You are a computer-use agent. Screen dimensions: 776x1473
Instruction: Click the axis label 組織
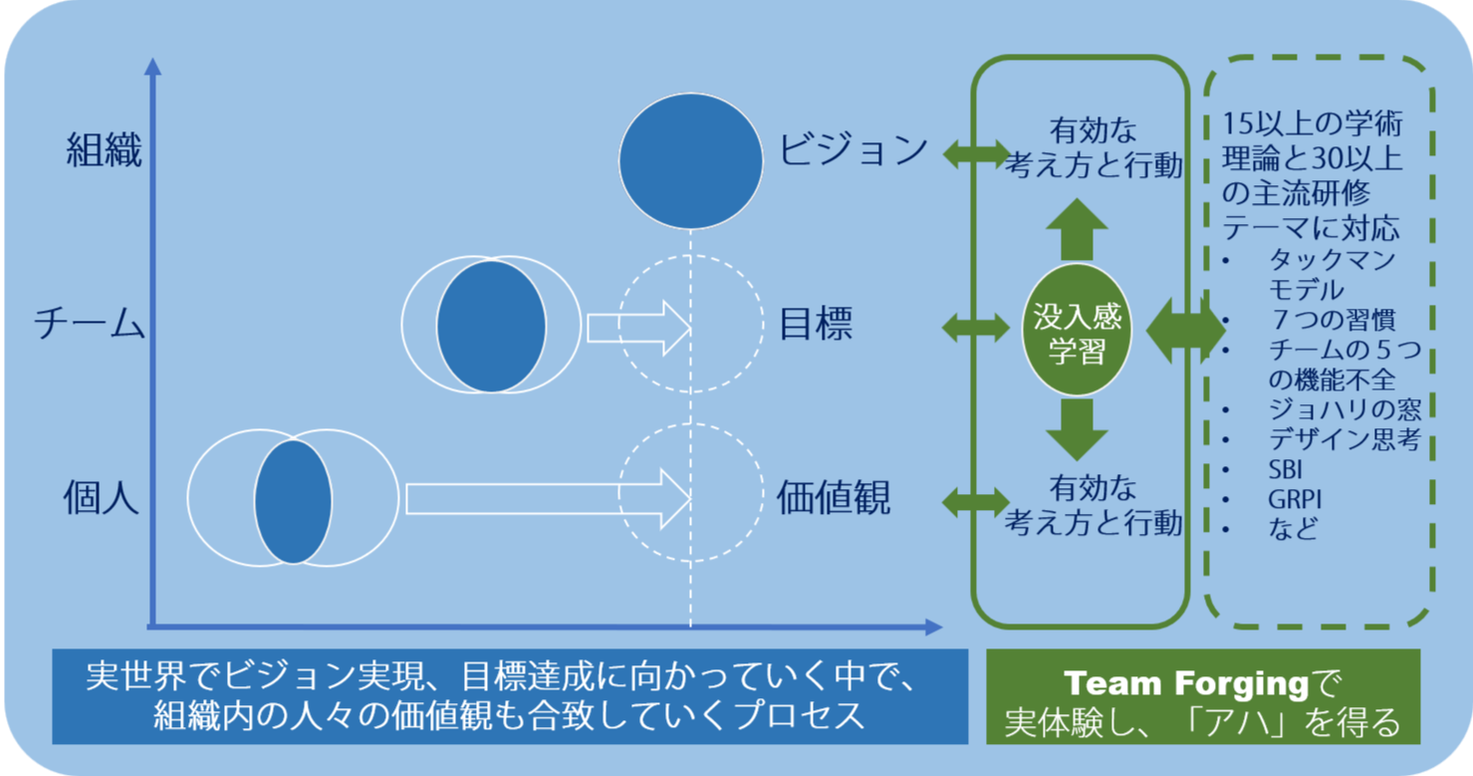(105, 151)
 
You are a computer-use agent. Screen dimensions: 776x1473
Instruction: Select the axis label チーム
(90, 325)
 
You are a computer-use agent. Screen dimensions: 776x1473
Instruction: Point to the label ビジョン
(854, 151)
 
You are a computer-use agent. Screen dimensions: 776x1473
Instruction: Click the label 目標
(816, 325)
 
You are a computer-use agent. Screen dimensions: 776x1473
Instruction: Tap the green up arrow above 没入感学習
(1077, 230)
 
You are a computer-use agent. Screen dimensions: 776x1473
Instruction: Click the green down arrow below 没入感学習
(1077, 428)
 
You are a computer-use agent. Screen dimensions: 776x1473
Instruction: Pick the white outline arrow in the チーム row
(638, 327)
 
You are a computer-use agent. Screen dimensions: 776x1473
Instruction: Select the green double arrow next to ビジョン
(976, 151)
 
